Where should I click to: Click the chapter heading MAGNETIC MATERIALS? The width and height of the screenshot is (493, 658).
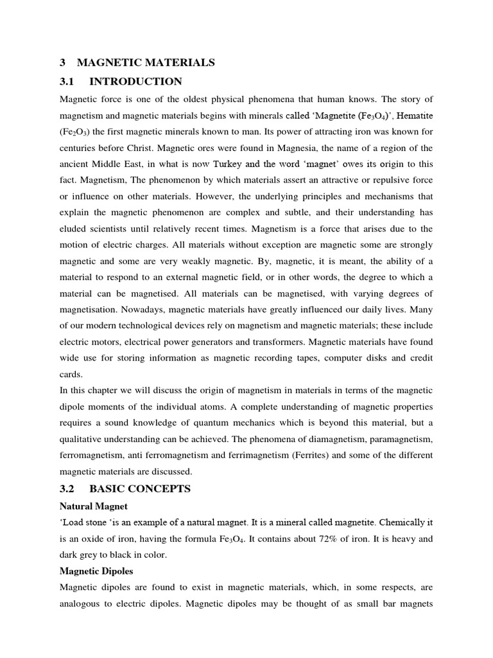click(146, 62)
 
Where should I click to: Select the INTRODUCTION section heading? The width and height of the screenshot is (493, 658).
click(135, 82)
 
